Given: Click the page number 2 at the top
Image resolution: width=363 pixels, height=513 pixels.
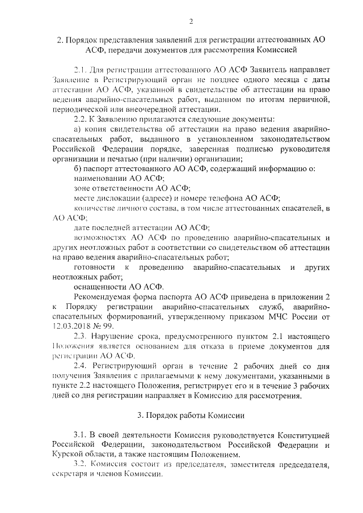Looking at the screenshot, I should (191, 22).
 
